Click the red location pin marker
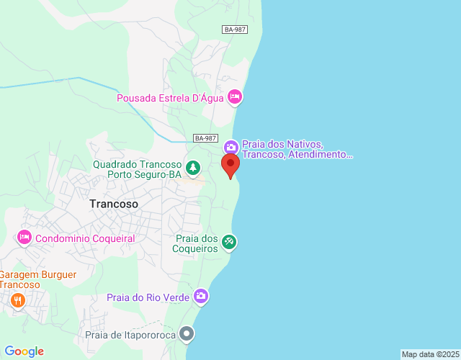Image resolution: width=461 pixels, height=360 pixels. (x=230, y=166)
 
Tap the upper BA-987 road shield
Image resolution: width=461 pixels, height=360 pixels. (x=234, y=30)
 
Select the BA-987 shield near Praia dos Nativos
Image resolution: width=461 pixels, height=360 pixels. (x=205, y=138)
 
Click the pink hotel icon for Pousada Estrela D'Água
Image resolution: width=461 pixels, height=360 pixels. (x=234, y=96)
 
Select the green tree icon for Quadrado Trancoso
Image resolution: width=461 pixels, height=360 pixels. (x=193, y=168)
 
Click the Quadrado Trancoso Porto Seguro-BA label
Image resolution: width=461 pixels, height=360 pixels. (x=137, y=168)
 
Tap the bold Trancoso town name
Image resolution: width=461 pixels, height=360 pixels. (x=114, y=204)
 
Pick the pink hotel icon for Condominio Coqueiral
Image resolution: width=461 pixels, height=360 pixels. (x=24, y=237)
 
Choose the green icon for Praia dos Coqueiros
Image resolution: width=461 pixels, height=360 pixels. (x=229, y=242)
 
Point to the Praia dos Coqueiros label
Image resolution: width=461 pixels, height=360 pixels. (x=196, y=243)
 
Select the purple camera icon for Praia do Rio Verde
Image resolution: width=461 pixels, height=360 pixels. (x=201, y=296)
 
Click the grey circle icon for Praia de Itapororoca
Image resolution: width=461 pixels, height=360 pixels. (x=187, y=333)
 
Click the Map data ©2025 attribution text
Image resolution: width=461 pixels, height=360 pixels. (x=429, y=354)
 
